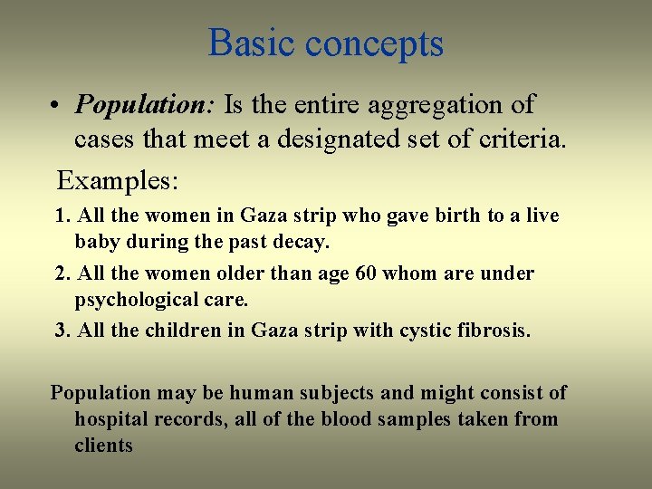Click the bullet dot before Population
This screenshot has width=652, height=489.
[56, 106]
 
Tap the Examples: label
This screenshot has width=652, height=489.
[117, 179]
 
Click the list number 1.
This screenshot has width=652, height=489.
[62, 216]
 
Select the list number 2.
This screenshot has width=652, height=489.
[62, 273]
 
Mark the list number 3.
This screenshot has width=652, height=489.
[62, 331]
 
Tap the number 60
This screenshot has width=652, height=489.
[368, 273]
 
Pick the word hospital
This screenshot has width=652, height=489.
[110, 419]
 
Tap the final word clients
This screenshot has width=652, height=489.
[103, 446]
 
